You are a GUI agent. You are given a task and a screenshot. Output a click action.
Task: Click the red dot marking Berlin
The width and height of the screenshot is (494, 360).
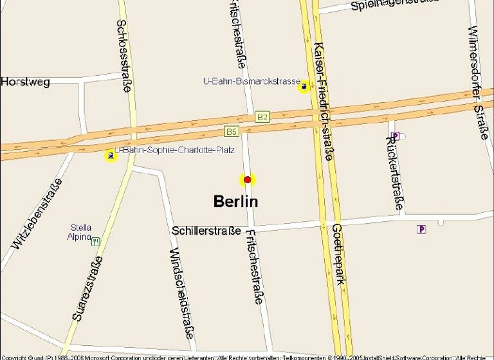point(247,180)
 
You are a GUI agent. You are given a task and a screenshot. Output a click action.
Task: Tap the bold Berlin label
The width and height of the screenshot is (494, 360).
point(235,201)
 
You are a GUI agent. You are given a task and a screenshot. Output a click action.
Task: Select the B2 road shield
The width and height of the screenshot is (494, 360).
point(262,117)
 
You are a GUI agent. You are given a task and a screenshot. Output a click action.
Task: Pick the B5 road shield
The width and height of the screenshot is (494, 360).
point(232,132)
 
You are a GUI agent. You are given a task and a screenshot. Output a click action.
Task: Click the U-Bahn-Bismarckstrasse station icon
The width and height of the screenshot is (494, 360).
point(304,86)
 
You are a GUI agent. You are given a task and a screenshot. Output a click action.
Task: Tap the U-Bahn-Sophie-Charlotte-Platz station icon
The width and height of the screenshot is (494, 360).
point(111,155)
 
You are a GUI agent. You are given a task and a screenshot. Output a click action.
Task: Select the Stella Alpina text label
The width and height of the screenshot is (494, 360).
point(80,232)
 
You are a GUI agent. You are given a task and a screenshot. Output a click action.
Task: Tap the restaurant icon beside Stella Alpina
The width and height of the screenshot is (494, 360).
point(96,242)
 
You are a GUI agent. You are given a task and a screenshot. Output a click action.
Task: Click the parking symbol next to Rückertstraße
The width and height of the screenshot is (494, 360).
point(395,136)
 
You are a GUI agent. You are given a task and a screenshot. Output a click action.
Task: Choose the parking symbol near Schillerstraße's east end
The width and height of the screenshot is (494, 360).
point(421,229)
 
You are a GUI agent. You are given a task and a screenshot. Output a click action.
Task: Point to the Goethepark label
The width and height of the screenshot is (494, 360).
point(339,254)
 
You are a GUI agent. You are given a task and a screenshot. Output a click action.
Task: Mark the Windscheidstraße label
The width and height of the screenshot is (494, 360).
point(182,292)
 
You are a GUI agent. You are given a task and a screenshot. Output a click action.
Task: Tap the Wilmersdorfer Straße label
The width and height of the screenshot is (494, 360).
point(480,82)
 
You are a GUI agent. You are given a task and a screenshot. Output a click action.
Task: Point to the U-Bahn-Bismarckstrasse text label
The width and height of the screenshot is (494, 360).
point(252,82)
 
